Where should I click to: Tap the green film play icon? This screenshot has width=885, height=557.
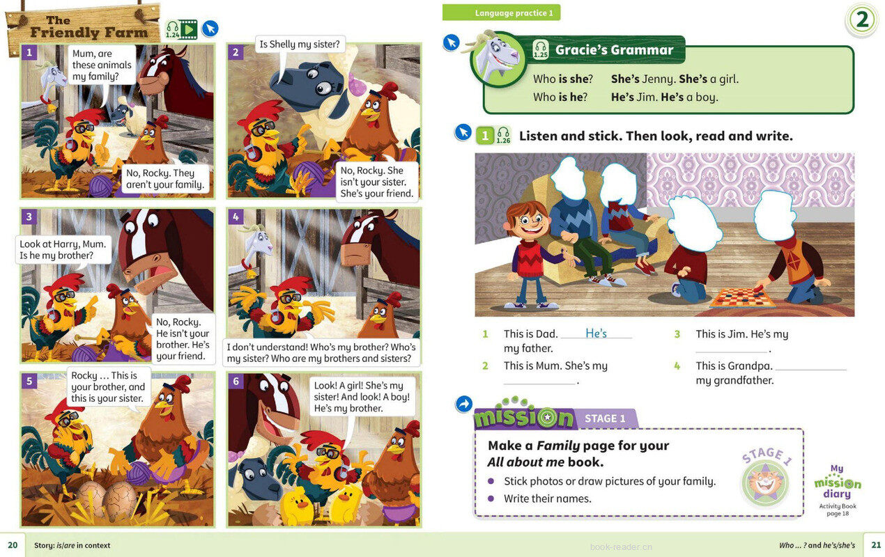tap(189, 29)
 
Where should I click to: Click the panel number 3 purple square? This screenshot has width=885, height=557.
tap(29, 217)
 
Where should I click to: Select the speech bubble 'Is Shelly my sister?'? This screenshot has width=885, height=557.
tap(300, 45)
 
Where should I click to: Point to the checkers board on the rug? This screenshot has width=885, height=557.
tap(742, 297)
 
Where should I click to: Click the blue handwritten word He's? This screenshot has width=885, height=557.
tap(596, 334)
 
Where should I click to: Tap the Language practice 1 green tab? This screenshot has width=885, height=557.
tap(501, 13)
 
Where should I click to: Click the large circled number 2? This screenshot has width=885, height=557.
tap(862, 19)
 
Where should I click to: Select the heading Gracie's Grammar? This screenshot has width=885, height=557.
tap(614, 50)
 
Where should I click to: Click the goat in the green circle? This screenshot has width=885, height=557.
tap(497, 58)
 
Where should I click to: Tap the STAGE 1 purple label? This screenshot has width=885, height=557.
tap(606, 418)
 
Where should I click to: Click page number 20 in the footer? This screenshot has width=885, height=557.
tap(13, 545)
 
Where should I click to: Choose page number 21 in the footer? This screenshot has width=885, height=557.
tap(876, 545)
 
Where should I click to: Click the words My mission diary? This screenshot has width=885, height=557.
tap(838, 482)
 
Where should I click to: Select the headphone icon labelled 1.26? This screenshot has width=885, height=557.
tap(503, 135)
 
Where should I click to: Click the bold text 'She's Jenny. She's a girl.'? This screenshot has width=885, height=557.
tap(675, 79)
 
